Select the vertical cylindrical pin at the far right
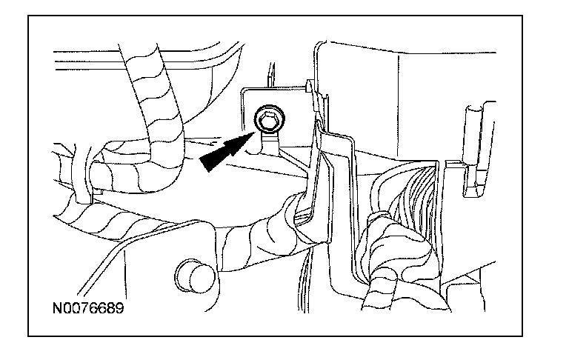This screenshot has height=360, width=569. pos(473,130)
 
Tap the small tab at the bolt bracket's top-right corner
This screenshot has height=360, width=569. pos(307,88)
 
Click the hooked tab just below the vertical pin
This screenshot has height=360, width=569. pos(467,178)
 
